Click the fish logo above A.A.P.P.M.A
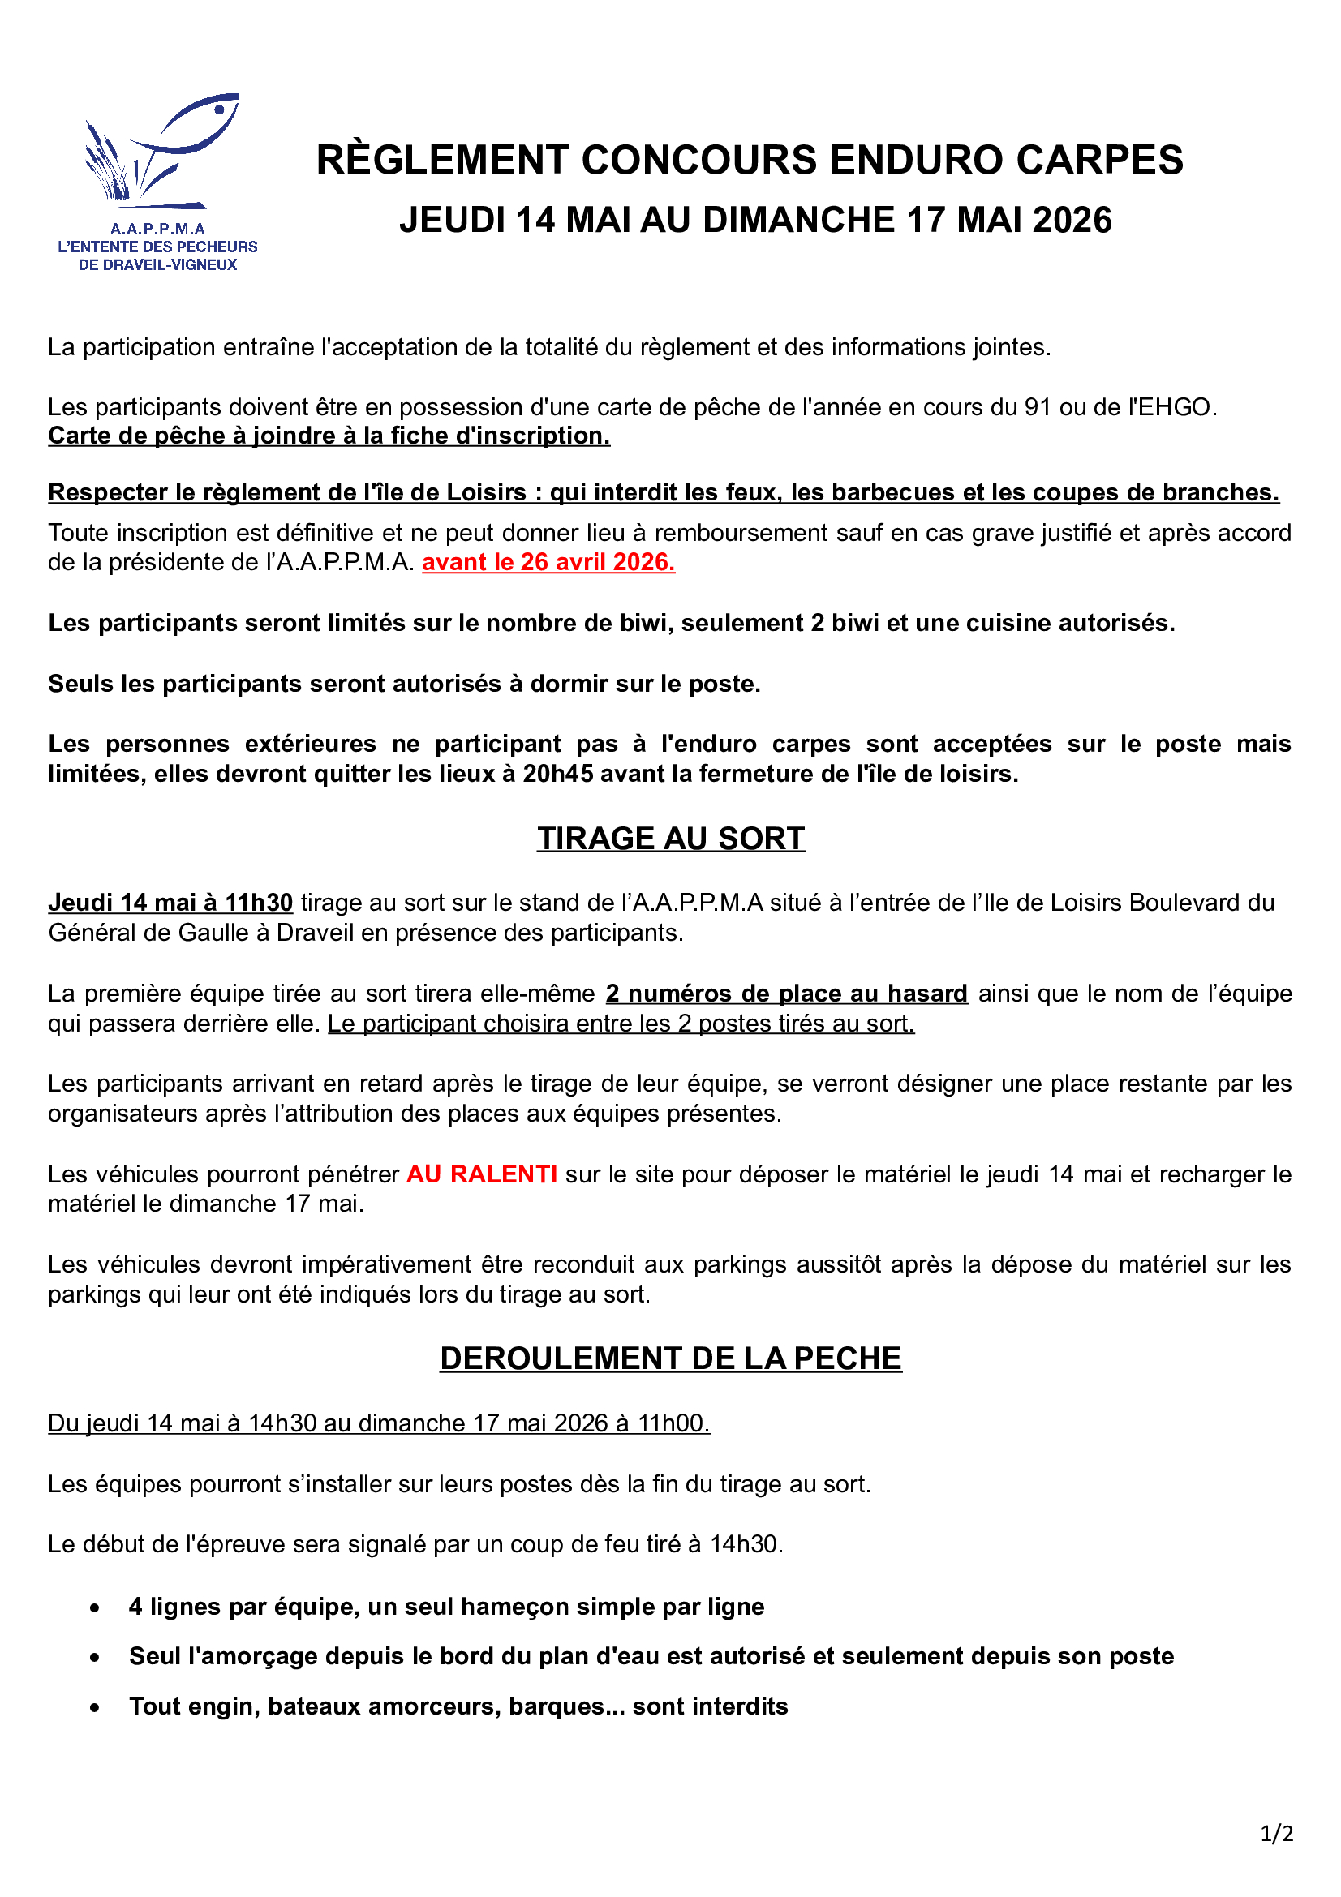(161, 148)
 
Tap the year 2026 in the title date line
(1072, 221)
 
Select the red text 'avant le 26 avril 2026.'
(548, 563)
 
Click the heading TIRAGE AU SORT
(670, 839)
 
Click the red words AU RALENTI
(482, 1174)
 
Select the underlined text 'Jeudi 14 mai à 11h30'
(170, 903)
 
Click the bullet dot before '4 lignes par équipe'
(96, 1607)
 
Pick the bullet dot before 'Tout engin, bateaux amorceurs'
(96, 1707)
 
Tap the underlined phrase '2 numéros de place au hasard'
(786, 994)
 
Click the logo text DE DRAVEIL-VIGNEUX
(158, 265)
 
